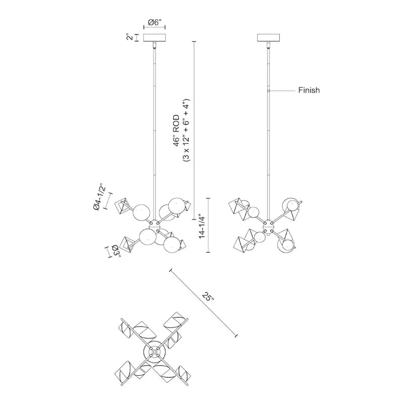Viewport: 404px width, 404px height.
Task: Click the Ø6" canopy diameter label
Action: tap(155, 23)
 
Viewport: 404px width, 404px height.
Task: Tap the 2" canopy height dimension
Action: tap(130, 37)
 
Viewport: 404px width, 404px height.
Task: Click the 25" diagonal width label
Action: tap(208, 297)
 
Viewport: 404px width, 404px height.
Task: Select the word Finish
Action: tap(309, 91)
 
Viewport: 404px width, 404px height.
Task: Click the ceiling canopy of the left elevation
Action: tap(155, 38)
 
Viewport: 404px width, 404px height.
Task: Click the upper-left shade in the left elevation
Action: tap(123, 207)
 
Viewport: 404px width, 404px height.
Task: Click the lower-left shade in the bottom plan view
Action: tap(127, 372)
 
